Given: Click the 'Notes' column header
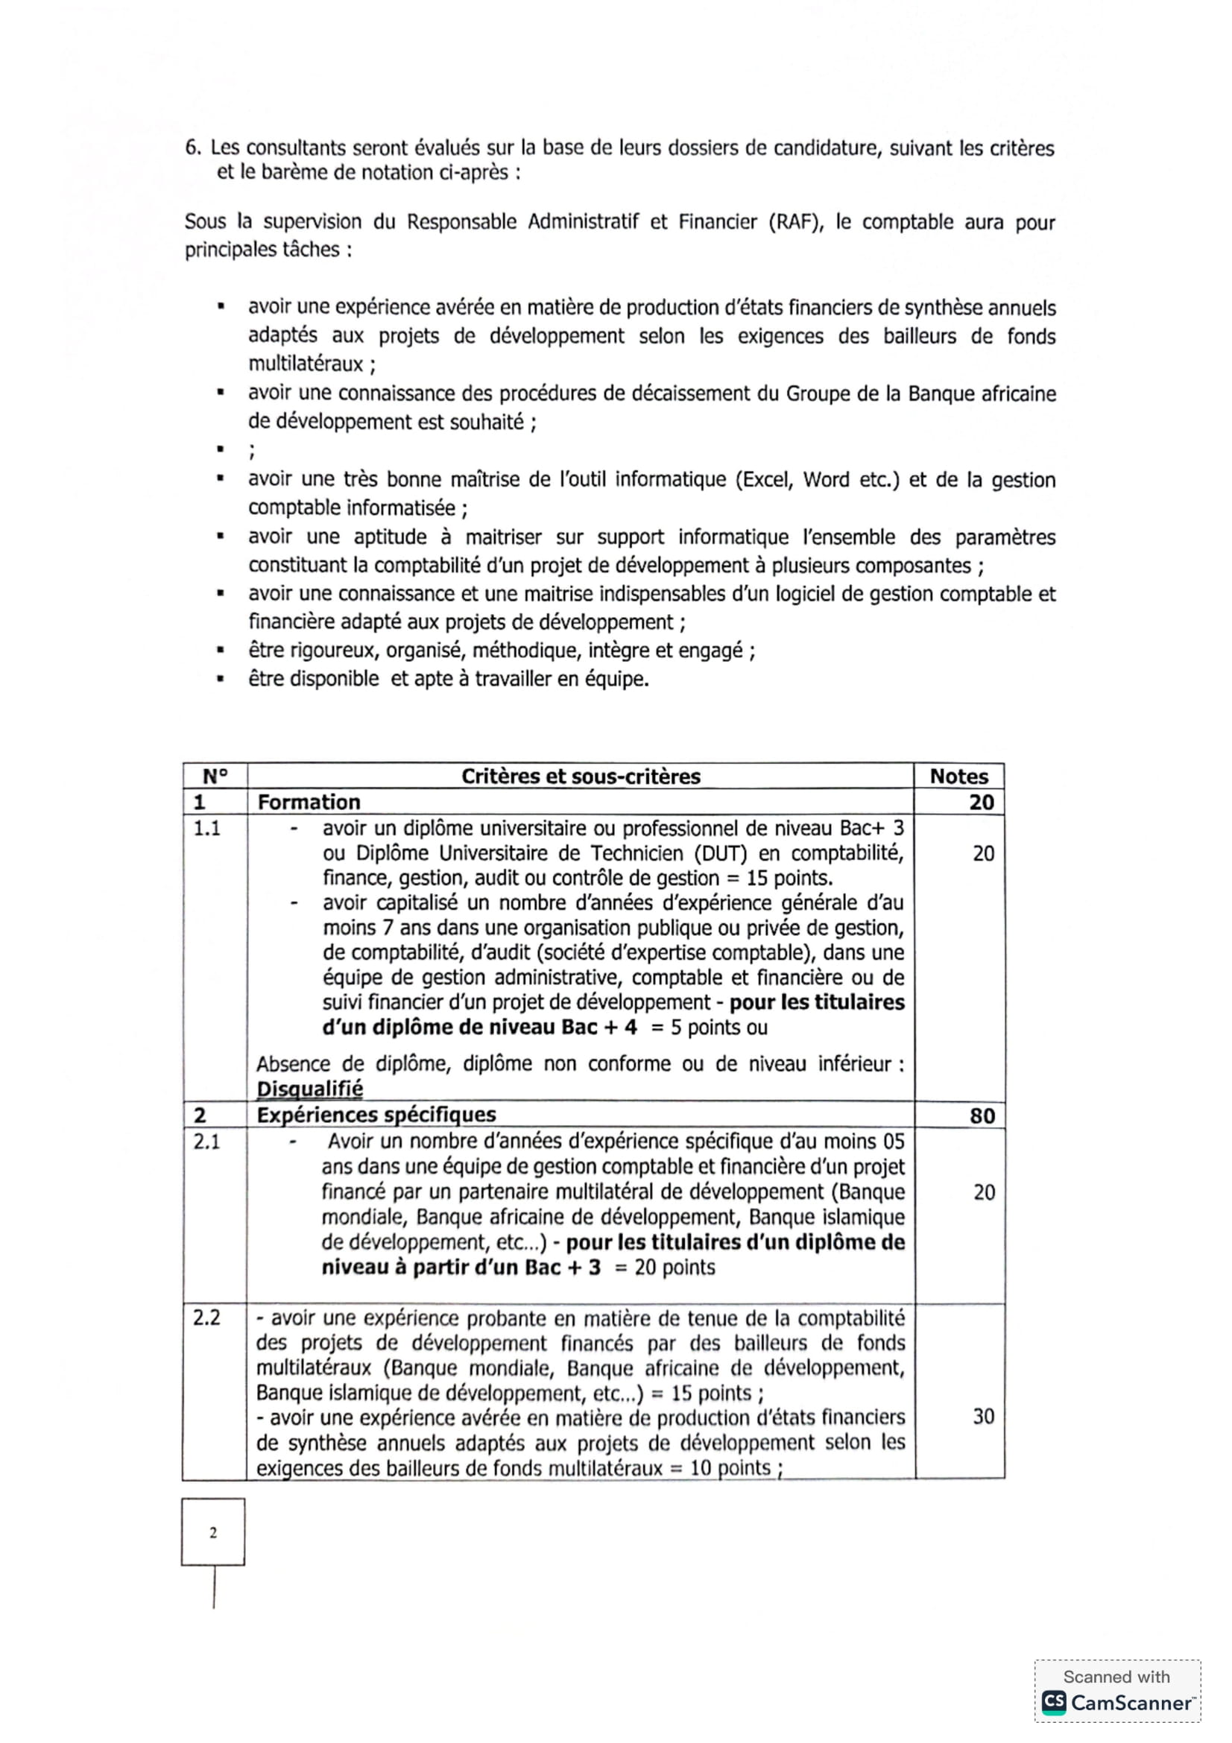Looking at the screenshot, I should point(958,776).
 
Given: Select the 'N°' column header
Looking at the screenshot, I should point(215,776).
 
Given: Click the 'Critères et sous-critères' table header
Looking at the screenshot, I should point(580,776).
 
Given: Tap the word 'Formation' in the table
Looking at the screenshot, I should point(309,802).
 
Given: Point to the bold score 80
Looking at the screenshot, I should point(982,1116).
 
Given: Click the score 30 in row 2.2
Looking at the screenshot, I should point(983,1416).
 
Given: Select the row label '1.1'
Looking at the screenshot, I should point(206,827).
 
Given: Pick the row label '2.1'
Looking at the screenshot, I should point(206,1141).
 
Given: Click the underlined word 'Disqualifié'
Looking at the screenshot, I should point(310,1089).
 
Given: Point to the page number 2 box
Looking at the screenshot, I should point(213,1532).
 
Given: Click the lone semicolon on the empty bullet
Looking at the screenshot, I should point(251,451).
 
